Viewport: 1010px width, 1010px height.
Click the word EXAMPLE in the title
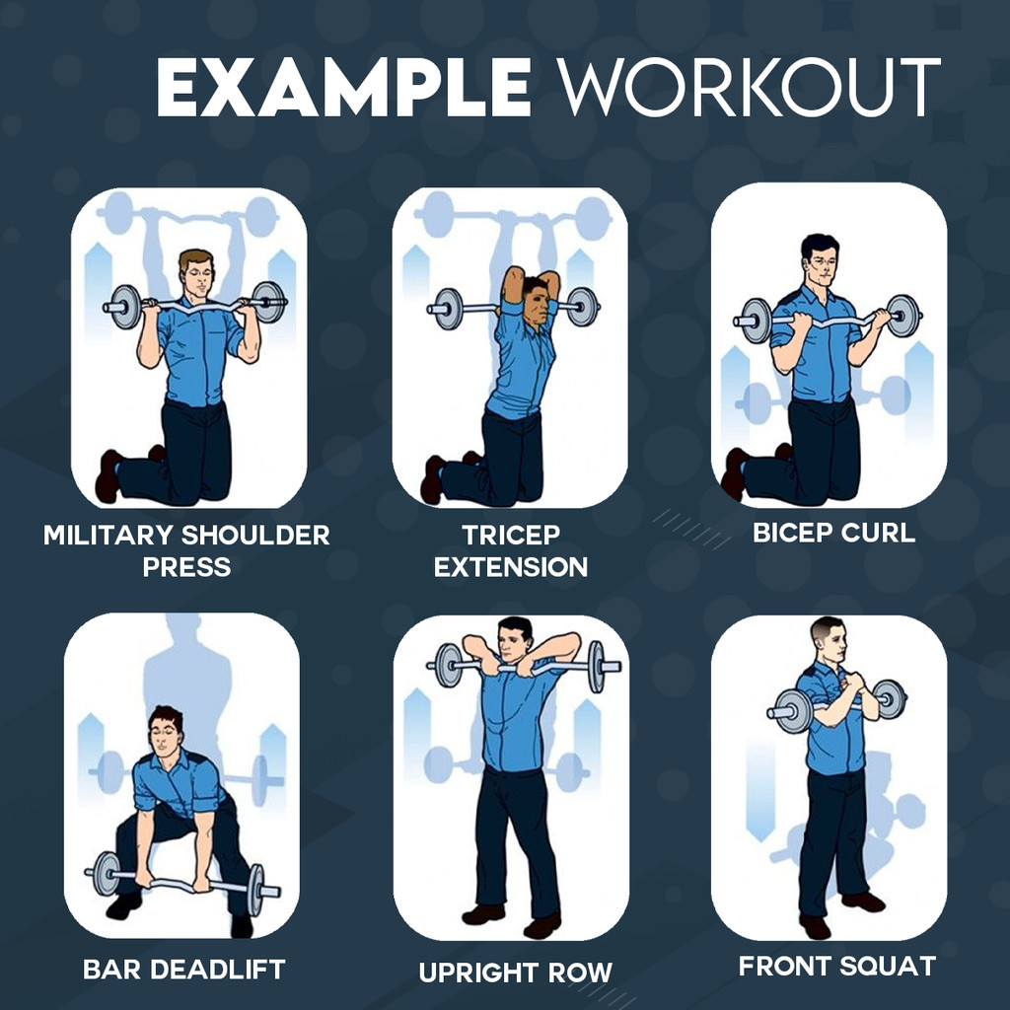coord(344,87)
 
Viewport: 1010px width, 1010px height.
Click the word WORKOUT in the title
coord(750,87)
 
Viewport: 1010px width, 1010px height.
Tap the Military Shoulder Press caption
coord(186,550)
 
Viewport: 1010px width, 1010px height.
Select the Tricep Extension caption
coord(511,550)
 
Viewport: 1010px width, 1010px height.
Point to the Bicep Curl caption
coord(833,533)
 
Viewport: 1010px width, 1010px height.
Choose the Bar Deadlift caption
coord(184,970)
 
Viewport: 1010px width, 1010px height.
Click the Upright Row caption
coord(515,973)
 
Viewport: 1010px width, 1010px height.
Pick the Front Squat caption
coord(837,967)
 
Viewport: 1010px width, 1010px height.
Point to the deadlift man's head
coord(166,731)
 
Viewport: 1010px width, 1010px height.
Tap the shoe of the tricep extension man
coord(433,479)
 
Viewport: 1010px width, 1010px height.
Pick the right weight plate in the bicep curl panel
coord(903,317)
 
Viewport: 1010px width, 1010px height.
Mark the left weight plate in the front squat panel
coord(793,711)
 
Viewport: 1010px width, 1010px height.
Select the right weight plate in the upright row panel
coord(597,667)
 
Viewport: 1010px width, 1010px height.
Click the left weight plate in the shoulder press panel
coord(125,307)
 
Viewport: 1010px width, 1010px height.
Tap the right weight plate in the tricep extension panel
coord(583,307)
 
